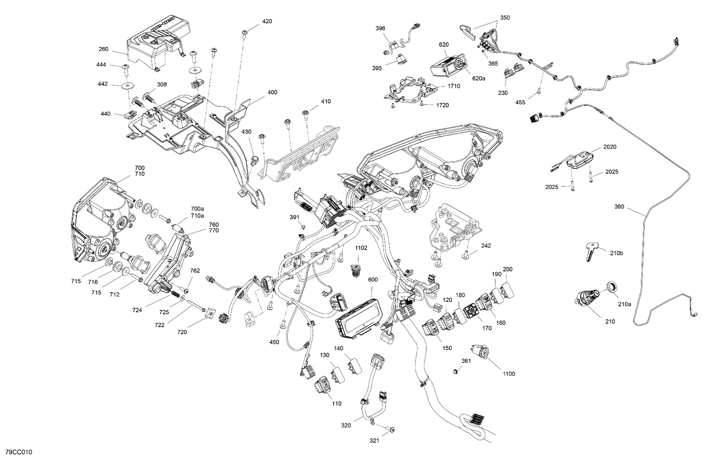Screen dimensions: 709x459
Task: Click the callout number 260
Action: [104, 49]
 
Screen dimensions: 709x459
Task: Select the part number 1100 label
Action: [509, 374]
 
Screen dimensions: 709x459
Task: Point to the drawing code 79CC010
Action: [19, 452]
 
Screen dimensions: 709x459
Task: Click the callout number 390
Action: [619, 207]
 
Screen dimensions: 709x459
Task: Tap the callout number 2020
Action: [610, 147]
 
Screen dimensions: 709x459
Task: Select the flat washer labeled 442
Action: [128, 86]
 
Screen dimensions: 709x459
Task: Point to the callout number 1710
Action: [454, 86]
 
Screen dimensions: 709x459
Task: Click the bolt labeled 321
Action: [391, 430]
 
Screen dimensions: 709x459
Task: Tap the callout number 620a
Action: [478, 78]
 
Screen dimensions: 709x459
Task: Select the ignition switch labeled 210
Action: [587, 298]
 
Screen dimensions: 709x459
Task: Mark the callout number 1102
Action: [361, 248]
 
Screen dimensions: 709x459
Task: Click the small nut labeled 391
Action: [303, 226]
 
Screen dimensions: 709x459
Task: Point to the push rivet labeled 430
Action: [254, 160]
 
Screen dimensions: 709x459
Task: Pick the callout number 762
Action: [195, 271]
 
